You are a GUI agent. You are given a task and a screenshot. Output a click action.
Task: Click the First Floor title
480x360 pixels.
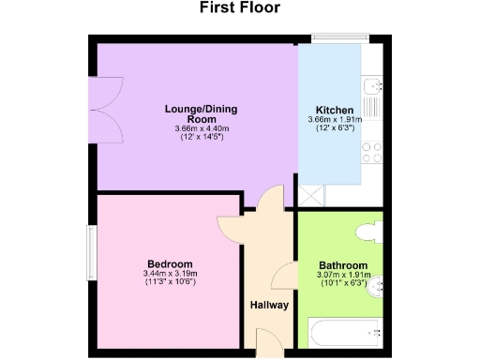point(239,8)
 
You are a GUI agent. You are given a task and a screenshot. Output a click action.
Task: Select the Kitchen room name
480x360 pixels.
point(334,110)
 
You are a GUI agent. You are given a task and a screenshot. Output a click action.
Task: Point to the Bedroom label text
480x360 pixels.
point(170,263)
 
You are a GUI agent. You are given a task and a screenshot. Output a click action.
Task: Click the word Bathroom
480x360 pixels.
point(342,266)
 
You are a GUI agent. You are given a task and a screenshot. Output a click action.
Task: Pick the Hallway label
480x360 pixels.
point(268,306)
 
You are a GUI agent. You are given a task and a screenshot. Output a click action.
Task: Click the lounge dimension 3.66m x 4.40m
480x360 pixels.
point(194,128)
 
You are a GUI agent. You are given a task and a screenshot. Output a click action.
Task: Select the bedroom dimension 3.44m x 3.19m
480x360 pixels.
point(171,273)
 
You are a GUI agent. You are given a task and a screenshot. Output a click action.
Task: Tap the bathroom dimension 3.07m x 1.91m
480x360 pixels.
point(342,276)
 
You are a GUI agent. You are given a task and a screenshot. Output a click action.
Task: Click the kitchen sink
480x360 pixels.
point(374,88)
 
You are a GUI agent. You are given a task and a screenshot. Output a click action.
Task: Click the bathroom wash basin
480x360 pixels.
point(377,287)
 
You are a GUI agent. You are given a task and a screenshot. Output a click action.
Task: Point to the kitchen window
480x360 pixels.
point(334,39)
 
